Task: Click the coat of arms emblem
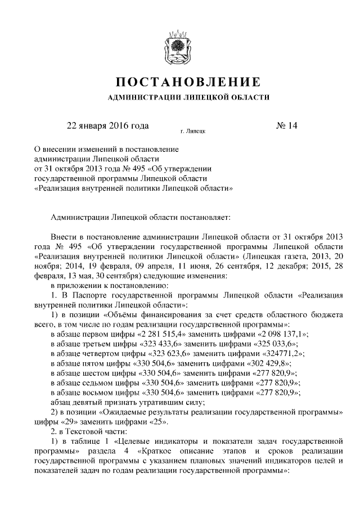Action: point(180,43)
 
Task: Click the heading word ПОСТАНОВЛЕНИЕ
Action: point(180,82)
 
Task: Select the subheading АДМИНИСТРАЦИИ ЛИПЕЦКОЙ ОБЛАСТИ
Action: point(180,98)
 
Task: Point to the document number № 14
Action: point(286,125)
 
